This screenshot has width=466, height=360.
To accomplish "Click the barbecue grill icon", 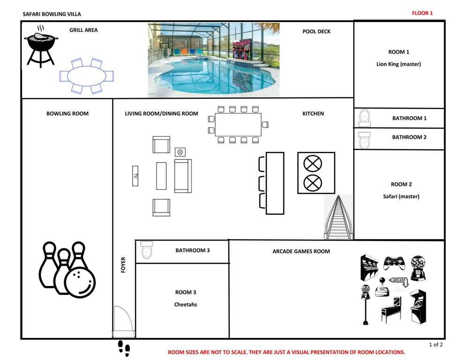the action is click(41, 46).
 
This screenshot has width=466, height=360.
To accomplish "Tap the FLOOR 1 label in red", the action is click(422, 13).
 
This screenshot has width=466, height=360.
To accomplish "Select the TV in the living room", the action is click(135, 176).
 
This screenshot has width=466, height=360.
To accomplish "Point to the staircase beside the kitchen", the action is click(338, 217).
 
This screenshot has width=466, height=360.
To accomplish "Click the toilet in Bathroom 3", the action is click(147, 250).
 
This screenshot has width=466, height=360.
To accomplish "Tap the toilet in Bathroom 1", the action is click(365, 118).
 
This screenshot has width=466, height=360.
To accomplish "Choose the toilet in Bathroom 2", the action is click(364, 140).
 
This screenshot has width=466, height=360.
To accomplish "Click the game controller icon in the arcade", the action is click(394, 263).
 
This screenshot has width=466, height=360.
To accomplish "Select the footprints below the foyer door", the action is click(124, 348).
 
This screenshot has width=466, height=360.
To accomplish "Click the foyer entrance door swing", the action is click(123, 318).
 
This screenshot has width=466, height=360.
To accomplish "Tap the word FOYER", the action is click(123, 265).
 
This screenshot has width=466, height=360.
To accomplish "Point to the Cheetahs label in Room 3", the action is click(186, 304).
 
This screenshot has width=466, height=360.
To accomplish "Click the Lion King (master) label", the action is click(398, 64).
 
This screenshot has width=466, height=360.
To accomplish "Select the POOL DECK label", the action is click(316, 31).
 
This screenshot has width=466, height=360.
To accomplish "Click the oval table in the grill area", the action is click(86, 76).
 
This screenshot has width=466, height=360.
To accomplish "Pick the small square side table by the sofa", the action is click(180, 152).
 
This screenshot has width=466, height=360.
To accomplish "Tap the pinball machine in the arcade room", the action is click(391, 309).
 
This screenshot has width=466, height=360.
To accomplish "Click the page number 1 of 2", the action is click(436, 345).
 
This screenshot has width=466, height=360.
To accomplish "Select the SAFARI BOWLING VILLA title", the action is click(52, 14).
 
